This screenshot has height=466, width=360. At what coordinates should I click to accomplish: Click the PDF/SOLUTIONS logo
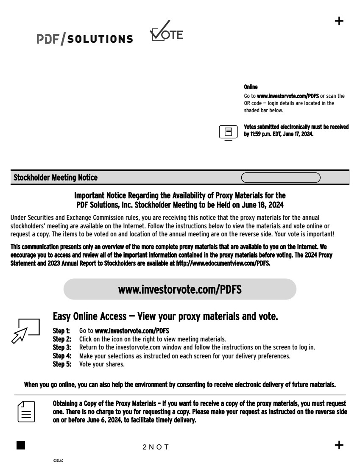click(84, 39)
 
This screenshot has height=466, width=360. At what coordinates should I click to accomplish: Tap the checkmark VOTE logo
click(166, 31)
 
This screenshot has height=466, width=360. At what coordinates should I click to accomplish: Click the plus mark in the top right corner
click(339, 21)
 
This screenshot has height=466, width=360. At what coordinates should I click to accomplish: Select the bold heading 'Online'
click(251, 87)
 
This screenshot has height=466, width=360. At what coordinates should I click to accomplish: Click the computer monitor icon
click(228, 132)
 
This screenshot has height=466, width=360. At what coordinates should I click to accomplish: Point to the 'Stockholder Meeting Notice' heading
click(56, 178)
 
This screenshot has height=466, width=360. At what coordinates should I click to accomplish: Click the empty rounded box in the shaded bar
click(280, 178)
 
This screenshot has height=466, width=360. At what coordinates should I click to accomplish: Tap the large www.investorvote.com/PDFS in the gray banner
click(180, 289)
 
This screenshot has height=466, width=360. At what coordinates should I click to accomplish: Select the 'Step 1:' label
click(61, 330)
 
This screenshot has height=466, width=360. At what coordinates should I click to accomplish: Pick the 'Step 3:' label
click(61, 347)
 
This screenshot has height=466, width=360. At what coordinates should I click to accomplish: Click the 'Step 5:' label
click(61, 364)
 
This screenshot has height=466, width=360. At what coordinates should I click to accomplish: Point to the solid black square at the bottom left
click(21, 445)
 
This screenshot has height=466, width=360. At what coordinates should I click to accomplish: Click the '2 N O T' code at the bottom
click(156, 447)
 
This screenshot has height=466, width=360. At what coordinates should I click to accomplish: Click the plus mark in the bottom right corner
click(339, 445)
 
